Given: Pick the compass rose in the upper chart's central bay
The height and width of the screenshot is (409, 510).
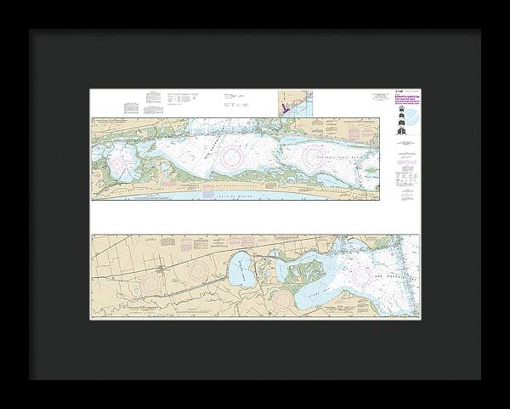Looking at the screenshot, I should coord(229,156).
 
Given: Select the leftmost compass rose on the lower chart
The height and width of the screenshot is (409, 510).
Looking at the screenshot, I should coord(153,280).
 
